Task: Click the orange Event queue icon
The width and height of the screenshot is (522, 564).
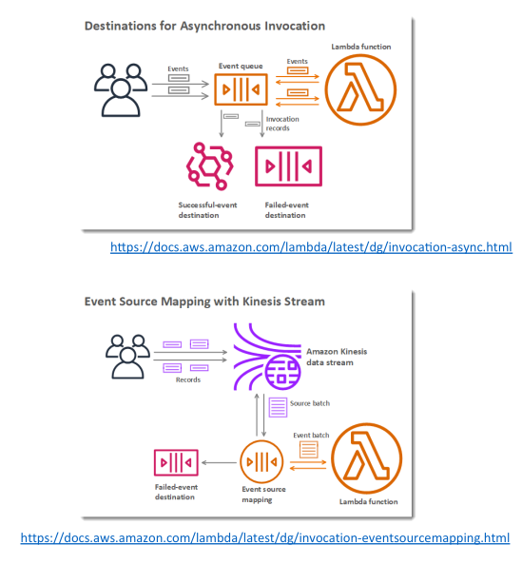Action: coord(241,89)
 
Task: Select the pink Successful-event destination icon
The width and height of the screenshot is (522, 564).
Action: coord(210,166)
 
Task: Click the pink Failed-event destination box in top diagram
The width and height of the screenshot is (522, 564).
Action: coord(288,148)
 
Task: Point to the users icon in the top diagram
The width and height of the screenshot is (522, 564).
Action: coord(121,90)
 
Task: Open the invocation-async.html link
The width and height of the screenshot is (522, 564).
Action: coord(311,247)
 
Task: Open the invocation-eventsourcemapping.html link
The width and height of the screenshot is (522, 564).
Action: coord(265,537)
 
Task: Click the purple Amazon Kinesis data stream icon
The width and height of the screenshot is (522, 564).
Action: coord(267,357)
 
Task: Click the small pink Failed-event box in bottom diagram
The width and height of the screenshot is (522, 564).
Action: coord(176,451)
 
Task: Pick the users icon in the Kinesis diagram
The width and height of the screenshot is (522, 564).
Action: coord(128,357)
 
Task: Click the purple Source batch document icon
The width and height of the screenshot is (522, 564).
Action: coord(278,407)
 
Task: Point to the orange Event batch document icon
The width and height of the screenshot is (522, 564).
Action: coord(309,449)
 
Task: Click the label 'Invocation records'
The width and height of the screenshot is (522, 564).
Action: coord(282,124)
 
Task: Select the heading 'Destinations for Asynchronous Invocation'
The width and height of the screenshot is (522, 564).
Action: coord(204,27)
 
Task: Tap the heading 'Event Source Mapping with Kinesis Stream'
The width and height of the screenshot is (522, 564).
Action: coord(204,301)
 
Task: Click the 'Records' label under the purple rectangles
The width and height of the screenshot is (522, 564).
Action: coord(188,379)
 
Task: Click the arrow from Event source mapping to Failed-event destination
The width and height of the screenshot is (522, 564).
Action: coord(219,462)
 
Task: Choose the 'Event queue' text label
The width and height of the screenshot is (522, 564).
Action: coord(241,67)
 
